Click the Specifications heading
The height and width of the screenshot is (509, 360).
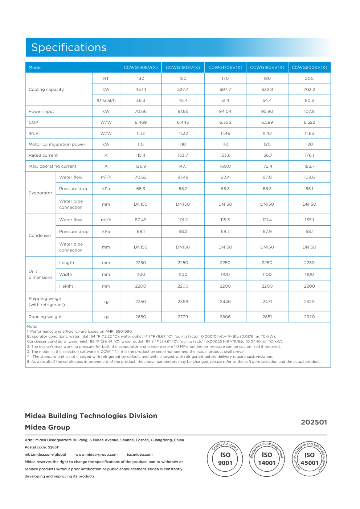coord(69,48)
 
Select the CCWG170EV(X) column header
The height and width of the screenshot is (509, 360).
coord(225,67)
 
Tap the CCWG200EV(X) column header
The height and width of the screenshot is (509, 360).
coord(309,67)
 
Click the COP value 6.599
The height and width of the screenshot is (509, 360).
coord(267,123)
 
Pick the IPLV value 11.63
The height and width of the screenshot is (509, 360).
coord(309,134)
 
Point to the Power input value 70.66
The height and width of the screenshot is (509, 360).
coord(140,111)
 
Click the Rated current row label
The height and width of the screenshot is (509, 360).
coord(43,155)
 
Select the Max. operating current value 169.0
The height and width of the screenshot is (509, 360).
coord(225,167)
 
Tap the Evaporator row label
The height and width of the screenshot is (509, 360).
coord(40,193)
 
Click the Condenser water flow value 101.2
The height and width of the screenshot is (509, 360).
coord(183,220)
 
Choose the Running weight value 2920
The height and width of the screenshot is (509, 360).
coord(309,317)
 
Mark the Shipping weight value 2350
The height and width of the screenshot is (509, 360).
coord(140,301)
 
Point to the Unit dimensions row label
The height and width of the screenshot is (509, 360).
coord(40,274)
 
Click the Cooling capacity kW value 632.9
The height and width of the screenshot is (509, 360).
coord(267,90)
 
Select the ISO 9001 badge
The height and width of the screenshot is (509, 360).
coord(225,459)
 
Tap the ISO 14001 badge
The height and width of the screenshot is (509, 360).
coord(267,459)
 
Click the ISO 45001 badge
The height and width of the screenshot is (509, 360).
coord(309,459)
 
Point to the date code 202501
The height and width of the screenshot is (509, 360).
coord(314,422)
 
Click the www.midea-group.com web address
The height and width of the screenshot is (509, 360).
coord(96,455)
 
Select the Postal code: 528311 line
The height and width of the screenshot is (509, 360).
coord(42,447)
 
